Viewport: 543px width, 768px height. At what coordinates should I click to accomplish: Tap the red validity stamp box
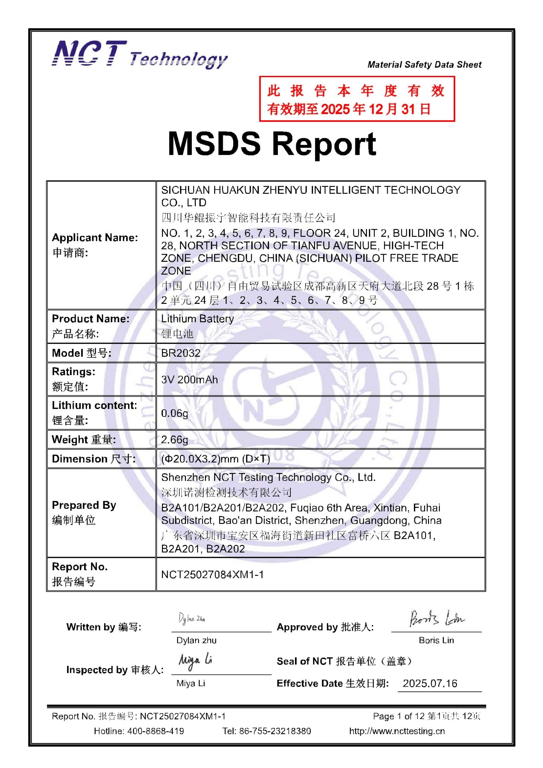point(357,99)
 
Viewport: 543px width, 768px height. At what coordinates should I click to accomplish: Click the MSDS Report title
point(272,144)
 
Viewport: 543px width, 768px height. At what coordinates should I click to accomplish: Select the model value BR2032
point(181,353)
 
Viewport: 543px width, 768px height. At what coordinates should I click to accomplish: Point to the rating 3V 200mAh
point(189,380)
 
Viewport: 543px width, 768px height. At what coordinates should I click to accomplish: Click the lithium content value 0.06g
point(174,413)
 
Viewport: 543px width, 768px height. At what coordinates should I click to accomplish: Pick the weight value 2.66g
point(174,439)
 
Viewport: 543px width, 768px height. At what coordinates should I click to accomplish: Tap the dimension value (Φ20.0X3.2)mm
point(215,459)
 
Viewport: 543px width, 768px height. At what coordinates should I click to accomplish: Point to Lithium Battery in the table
point(197,319)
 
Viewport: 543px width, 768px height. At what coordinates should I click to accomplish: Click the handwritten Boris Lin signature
point(437,618)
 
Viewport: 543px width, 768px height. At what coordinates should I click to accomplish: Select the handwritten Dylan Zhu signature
point(192,619)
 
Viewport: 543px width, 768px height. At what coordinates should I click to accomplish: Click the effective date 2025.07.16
point(430,684)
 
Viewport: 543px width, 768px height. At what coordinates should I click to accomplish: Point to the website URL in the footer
point(397,731)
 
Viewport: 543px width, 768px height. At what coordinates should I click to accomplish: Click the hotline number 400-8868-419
point(155,731)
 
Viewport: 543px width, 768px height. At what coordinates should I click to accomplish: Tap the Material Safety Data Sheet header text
point(424,65)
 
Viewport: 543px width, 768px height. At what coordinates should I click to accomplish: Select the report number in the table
point(212,574)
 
